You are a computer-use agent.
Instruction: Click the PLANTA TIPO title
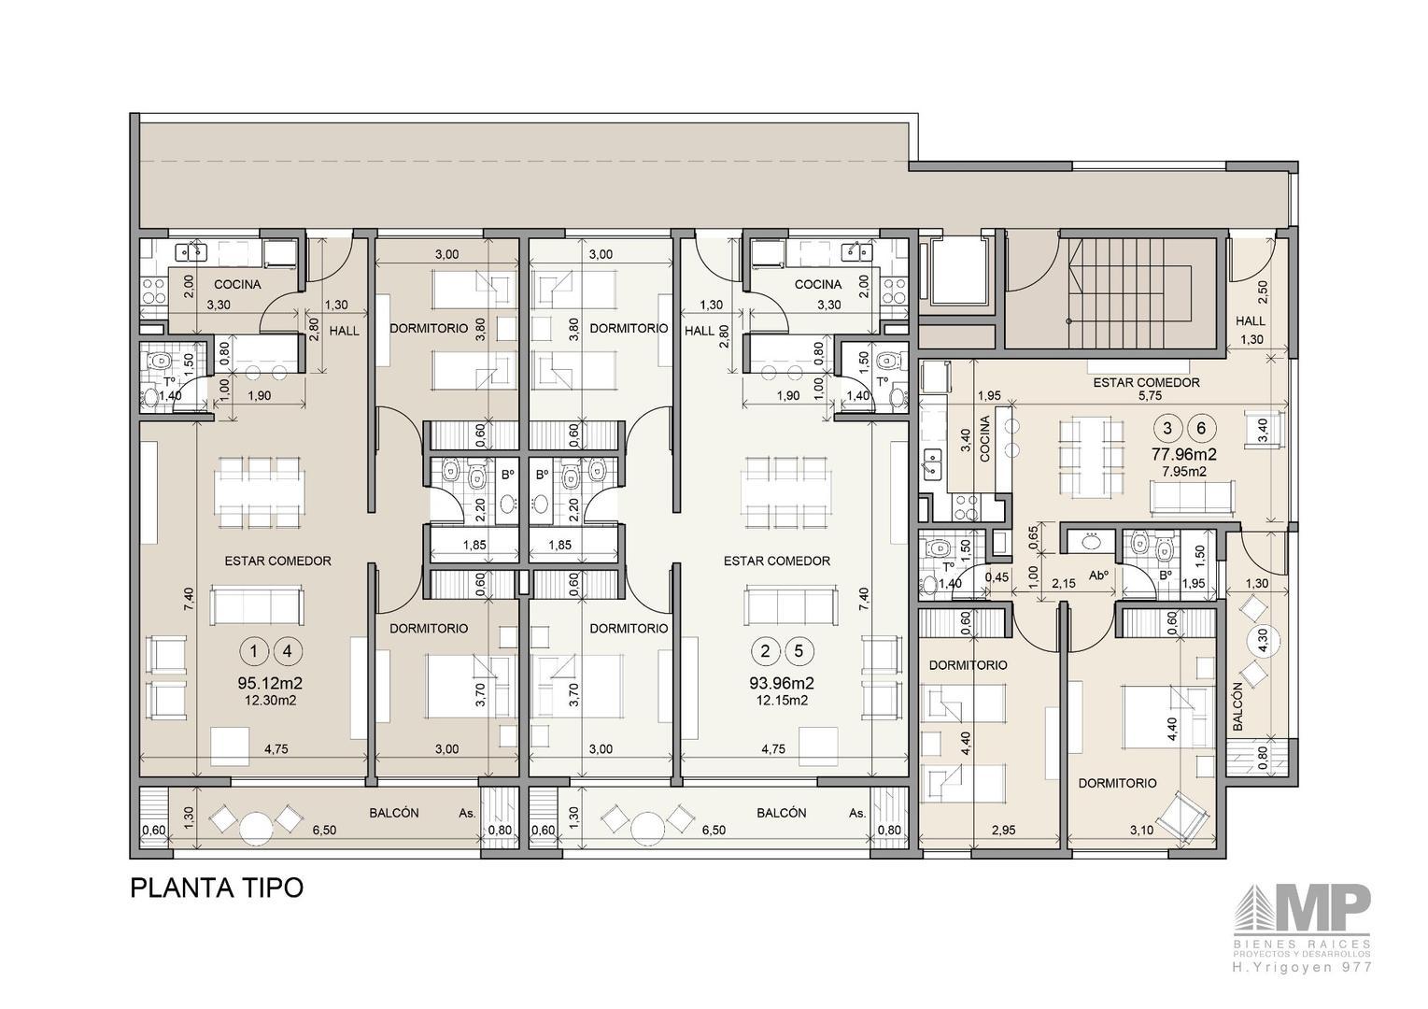click(x=217, y=888)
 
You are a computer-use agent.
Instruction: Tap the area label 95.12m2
click(x=270, y=684)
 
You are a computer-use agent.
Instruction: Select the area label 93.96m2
click(x=783, y=684)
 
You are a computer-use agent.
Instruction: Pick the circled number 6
click(x=1201, y=429)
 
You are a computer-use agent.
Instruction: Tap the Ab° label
click(x=1097, y=576)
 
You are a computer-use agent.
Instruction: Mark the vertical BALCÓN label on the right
click(x=1237, y=705)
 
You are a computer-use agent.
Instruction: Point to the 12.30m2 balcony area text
click(x=270, y=701)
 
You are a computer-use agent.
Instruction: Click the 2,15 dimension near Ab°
click(x=1064, y=584)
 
